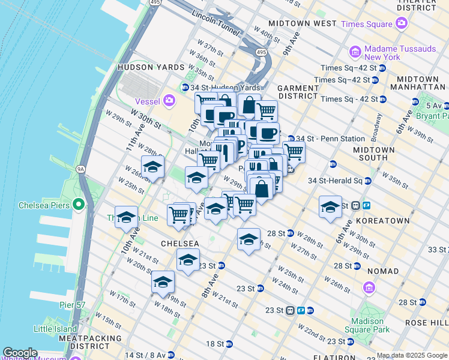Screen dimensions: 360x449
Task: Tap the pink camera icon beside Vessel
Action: point(170,100)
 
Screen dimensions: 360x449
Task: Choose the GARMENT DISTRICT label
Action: point(298,92)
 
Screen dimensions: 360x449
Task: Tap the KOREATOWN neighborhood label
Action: point(382,221)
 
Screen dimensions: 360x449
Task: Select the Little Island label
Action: point(55,329)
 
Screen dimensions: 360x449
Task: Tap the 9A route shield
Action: point(81,169)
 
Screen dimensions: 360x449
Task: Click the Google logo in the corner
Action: point(20,353)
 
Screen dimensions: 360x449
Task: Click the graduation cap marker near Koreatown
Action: point(330,207)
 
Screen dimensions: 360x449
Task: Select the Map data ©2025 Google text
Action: point(412,356)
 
